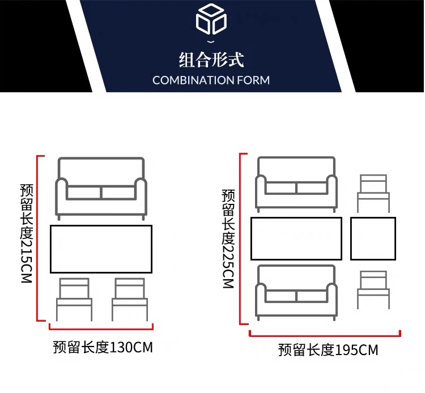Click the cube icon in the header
point(211,20)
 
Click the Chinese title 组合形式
point(211,59)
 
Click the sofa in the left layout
point(101,185)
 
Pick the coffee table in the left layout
point(101,249)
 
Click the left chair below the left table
point(74,299)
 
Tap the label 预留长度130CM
point(103,347)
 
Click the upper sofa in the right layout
point(296,184)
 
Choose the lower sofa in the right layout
point(296,291)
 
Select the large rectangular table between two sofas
point(296,238)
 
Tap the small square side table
point(372,238)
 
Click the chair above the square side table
point(373,193)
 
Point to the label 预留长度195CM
point(328,350)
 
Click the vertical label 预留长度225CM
point(228,238)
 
